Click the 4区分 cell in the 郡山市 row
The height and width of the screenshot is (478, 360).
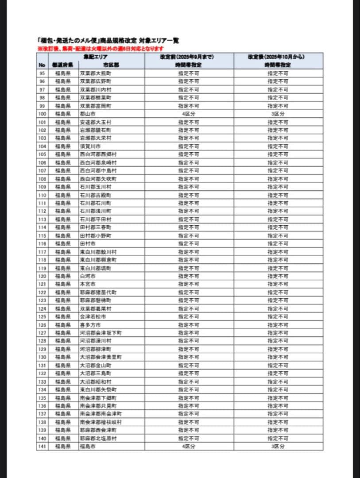pyautogui.click(x=189, y=114)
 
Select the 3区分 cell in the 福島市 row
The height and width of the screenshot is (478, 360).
pyautogui.click(x=278, y=447)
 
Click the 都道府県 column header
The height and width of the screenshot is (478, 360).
pyautogui.click(x=62, y=65)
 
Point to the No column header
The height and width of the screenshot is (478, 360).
pyautogui.click(x=42, y=65)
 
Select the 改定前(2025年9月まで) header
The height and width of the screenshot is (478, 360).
pyautogui.click(x=189, y=57)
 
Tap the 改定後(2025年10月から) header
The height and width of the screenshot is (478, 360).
pyautogui.click(x=278, y=57)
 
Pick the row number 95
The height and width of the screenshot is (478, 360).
pyautogui.click(x=42, y=73)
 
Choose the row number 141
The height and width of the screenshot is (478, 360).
pyautogui.click(x=42, y=447)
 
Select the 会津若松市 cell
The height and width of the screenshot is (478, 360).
pyautogui.click(x=93, y=317)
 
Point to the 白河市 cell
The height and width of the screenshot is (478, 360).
pyautogui.click(x=87, y=276)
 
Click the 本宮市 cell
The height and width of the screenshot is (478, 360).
pyautogui.click(x=87, y=284)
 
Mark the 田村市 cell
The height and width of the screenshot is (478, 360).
pyautogui.click(x=87, y=243)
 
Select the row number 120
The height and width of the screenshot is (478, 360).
pyautogui.click(x=42, y=276)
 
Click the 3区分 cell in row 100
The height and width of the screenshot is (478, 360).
pyautogui.click(x=278, y=114)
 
